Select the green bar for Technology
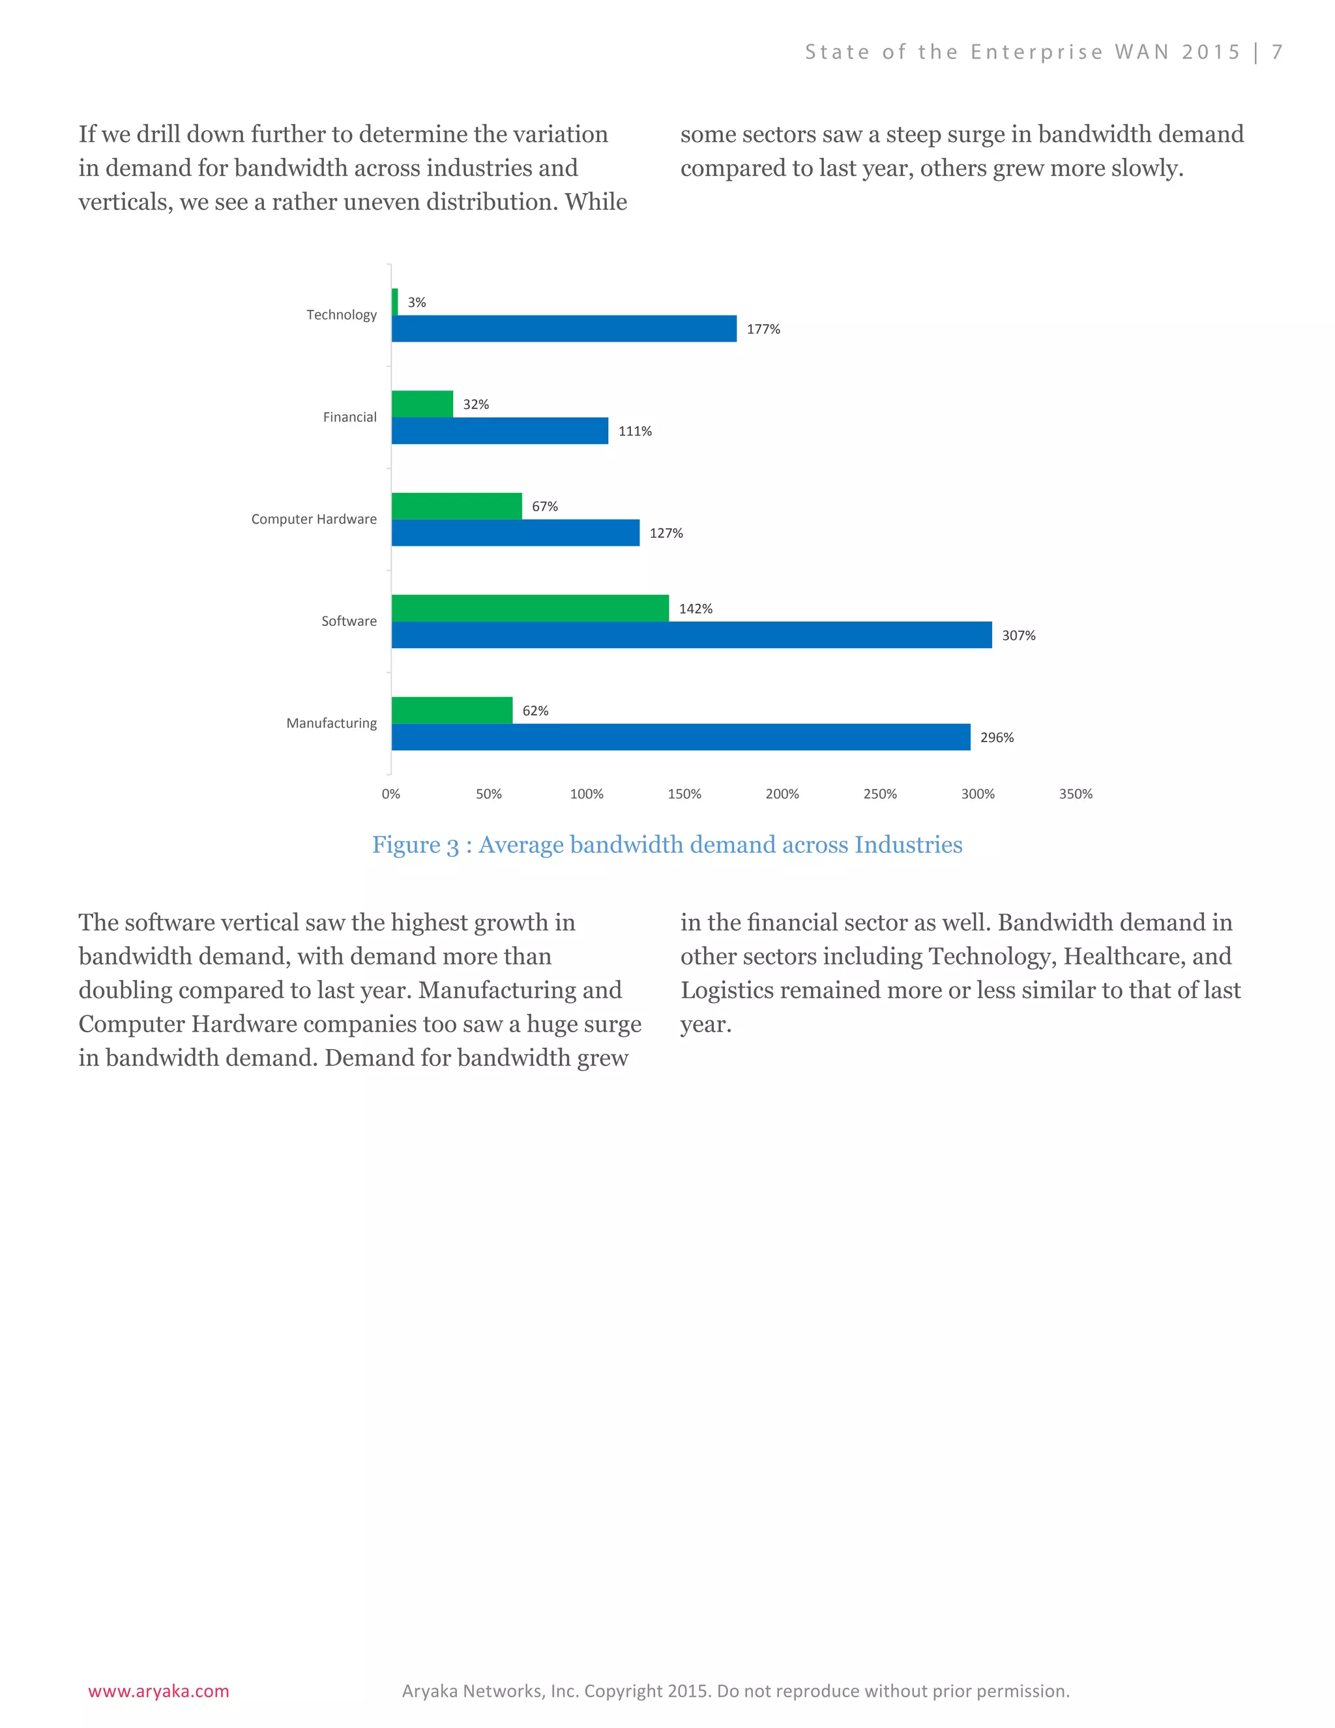[x=394, y=301]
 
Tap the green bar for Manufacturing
[x=452, y=709]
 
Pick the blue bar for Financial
[x=500, y=430]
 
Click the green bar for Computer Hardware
[x=456, y=505]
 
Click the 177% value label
[x=763, y=329]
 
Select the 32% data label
[x=475, y=404]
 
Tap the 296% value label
[x=996, y=737]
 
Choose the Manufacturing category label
[x=330, y=723]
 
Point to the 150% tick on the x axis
[x=684, y=794]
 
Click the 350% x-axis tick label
[x=1075, y=794]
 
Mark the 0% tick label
[x=390, y=794]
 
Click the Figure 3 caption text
[x=667, y=845]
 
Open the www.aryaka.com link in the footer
[x=158, y=1691]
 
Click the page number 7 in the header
[x=1276, y=52]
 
